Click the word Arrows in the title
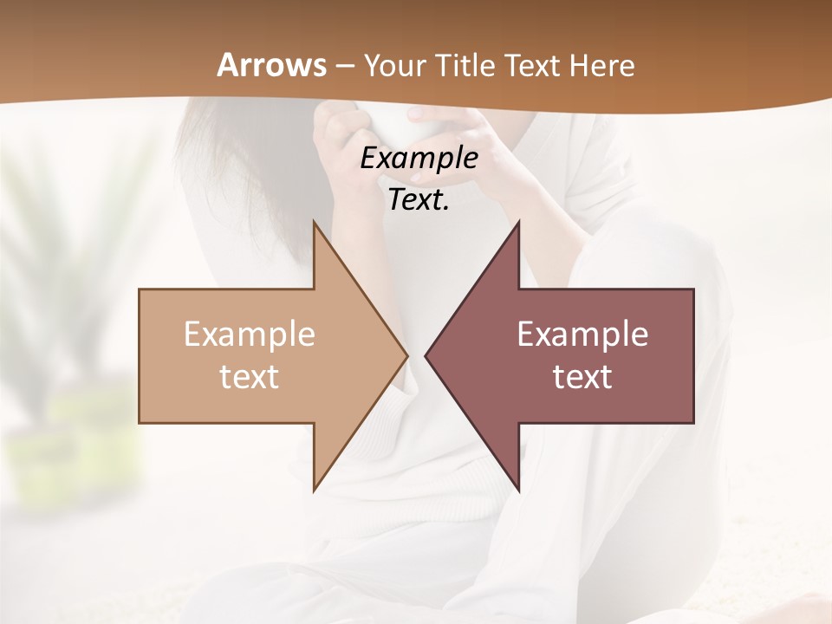[272, 65]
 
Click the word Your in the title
[394, 66]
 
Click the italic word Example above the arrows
[419, 159]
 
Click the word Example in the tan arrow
[250, 335]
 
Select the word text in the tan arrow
[250, 377]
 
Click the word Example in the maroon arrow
[582, 335]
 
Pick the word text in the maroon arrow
[582, 377]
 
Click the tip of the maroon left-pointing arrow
[426, 355]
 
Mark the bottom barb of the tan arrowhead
[315, 487]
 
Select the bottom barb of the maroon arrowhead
[517, 487]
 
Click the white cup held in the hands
[381, 126]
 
